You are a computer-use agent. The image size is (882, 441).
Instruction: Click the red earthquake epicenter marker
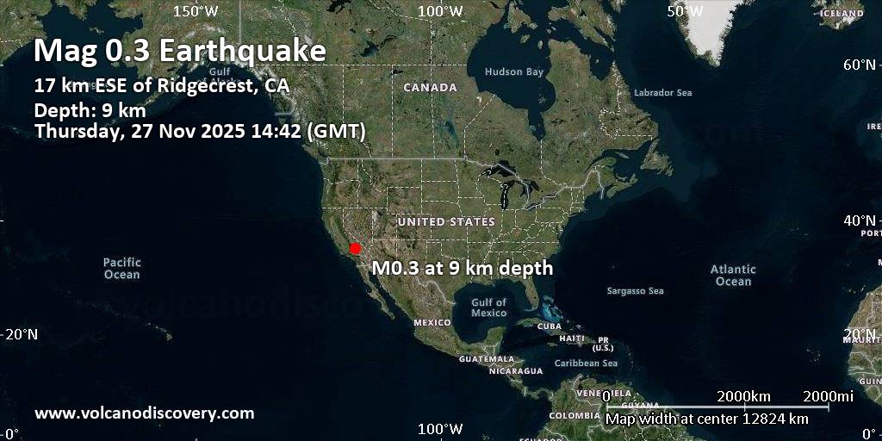coord(354,248)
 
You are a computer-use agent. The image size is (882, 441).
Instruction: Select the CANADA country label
coord(430,88)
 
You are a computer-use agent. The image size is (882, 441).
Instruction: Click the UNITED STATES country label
coord(446,222)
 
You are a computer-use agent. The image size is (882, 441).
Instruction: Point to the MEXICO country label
coord(432,322)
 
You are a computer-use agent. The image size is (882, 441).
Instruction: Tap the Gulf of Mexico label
coord(488,307)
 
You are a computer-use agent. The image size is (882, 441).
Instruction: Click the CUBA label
coord(549,326)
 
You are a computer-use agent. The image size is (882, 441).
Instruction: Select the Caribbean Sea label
coord(586,363)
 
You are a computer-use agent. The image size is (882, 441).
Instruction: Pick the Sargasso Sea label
coord(636,291)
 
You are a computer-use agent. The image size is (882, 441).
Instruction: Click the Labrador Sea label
coord(662,93)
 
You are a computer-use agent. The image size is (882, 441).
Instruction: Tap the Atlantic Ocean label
coord(733,276)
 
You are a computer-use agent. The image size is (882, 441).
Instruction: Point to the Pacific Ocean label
coord(121,268)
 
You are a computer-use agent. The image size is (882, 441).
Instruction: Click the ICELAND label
coord(842,14)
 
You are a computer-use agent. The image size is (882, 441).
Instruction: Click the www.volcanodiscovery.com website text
coord(145,413)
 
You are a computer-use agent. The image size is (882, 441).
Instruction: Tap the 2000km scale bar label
coord(743,395)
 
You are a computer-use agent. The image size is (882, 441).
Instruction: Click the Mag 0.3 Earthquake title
coord(180,52)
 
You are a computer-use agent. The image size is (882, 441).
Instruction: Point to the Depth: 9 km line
coord(90,110)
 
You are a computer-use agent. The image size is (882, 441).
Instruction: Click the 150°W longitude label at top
coord(196,10)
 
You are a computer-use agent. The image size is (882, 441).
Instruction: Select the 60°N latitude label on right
coord(860,65)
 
